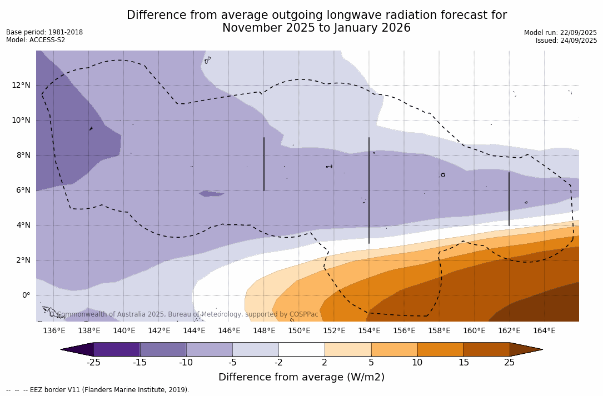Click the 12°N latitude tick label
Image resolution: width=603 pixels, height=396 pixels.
point(21,85)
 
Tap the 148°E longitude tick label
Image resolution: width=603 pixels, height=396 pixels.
point(264,330)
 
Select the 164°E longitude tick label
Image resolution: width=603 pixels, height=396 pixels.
point(544,330)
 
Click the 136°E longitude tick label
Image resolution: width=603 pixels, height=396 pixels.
point(54,330)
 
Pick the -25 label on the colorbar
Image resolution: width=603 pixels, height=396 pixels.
point(93,363)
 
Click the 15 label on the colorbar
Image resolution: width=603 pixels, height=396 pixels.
point(464,363)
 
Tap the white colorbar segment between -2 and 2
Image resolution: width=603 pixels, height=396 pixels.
point(301,349)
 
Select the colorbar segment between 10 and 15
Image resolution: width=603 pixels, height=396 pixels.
point(440,349)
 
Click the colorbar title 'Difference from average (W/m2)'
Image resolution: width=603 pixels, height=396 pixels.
point(301,377)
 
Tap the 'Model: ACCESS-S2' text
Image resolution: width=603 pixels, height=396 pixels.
point(36,40)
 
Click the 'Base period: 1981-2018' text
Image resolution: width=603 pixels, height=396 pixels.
point(44,32)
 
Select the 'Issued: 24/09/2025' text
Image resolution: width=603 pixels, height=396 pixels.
point(566,41)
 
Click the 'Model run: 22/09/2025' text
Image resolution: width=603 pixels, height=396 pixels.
point(560,33)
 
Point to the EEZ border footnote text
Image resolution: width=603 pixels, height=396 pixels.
point(97,390)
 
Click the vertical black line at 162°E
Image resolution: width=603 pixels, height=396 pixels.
point(509,199)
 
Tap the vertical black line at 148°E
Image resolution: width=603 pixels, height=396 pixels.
point(264,164)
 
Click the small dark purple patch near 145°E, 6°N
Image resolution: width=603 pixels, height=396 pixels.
point(211,194)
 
